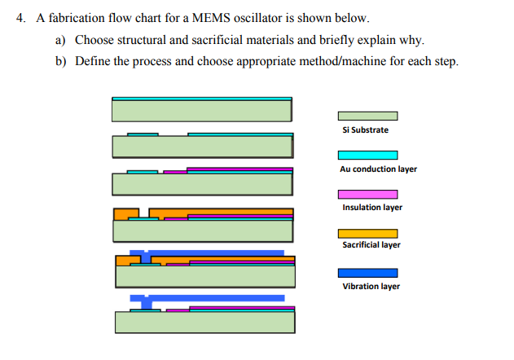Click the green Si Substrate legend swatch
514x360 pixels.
coord(367,116)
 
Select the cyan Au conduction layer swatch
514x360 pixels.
coord(367,155)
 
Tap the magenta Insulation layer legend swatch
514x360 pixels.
coord(367,194)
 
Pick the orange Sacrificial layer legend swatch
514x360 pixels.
coord(367,233)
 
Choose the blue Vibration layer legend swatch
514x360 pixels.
coord(367,273)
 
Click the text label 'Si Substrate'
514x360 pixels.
coord(366,130)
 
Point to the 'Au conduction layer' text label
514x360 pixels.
coord(378,169)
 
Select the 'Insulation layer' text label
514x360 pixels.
coord(372,208)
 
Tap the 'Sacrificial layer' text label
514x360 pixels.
coord(371,245)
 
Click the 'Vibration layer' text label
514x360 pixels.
coord(371,286)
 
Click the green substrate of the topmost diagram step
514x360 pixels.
coord(202,110)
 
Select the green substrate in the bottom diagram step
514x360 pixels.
coord(204,323)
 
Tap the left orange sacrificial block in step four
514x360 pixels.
coord(125,213)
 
